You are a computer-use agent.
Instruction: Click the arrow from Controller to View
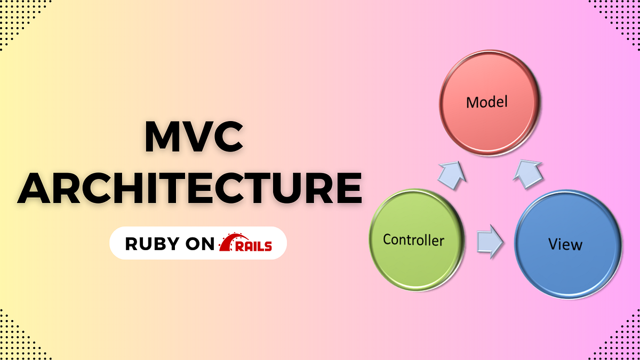pos(490,241)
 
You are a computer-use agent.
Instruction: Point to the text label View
pos(566,245)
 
